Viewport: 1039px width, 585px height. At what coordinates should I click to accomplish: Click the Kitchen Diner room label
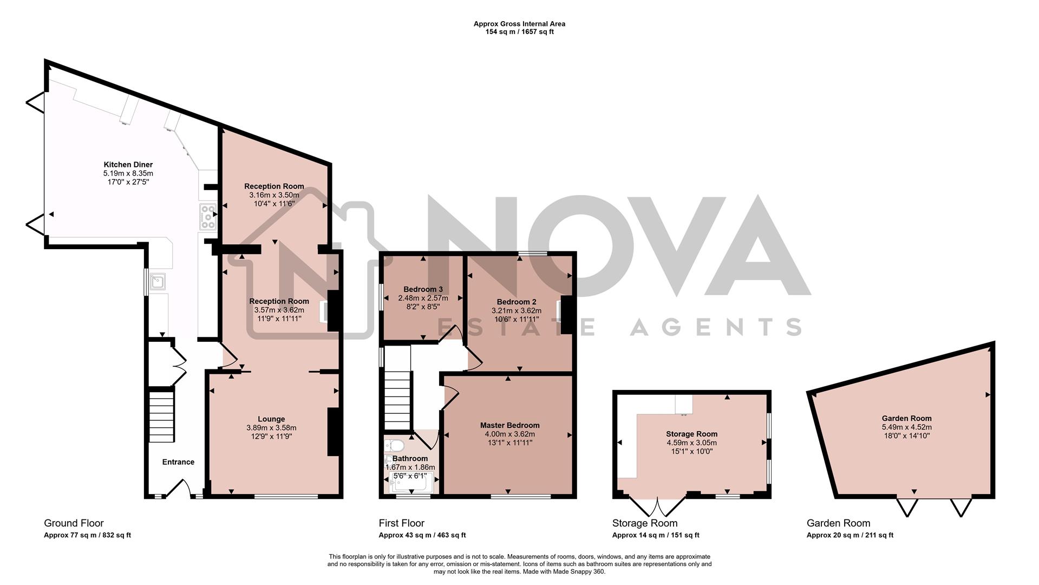coord(128,165)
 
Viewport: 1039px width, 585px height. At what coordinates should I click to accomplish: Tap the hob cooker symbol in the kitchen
coord(208,217)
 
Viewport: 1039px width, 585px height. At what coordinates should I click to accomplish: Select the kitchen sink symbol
coord(158,282)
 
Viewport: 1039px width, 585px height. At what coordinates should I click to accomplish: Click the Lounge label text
coord(271,419)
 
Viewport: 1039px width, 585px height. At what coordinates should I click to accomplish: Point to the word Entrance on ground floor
coord(178,462)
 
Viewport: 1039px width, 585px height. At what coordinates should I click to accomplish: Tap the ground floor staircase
coord(162,417)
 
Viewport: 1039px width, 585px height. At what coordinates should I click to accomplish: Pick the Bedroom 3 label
coord(423,289)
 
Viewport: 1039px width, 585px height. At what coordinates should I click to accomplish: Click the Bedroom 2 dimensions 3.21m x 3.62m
coord(516,311)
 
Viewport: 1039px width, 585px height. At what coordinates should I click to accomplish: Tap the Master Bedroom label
coord(509,425)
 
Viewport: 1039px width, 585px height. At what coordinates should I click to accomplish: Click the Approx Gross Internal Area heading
coord(519,24)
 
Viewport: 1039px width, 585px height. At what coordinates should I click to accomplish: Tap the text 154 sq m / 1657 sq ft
coord(519,32)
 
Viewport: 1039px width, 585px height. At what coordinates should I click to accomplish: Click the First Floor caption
coord(401,523)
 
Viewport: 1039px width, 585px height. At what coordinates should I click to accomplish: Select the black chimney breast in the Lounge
coord(334,432)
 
